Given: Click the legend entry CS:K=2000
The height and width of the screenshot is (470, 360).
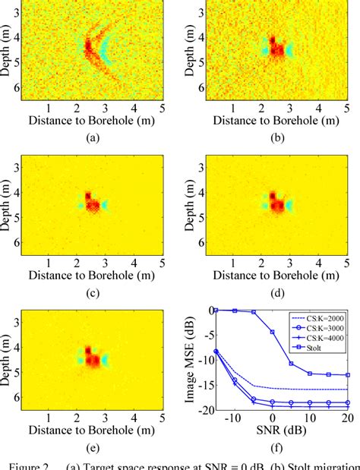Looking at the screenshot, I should click(x=322, y=320).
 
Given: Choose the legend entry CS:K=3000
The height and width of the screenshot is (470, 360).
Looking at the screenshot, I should click(x=322, y=330).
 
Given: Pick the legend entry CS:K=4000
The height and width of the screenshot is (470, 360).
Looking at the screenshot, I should click(x=322, y=341).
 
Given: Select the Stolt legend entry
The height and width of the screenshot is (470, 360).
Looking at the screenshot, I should click(x=317, y=352).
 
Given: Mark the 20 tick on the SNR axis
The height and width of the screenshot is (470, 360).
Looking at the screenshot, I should click(x=348, y=418).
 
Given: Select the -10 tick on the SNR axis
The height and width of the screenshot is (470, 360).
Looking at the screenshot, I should click(x=235, y=418).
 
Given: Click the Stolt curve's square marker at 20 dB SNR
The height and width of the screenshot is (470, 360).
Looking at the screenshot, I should click(x=348, y=374).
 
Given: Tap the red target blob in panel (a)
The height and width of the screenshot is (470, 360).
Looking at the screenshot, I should click(x=87, y=47).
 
